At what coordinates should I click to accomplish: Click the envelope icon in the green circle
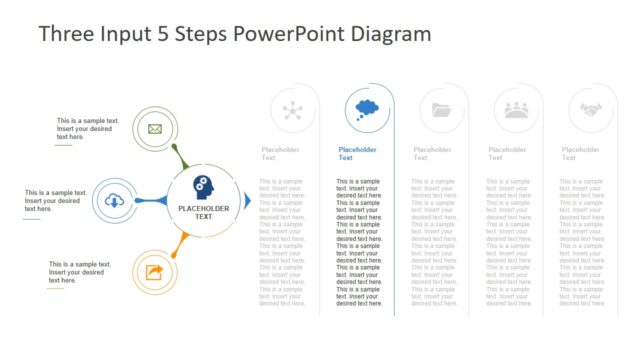click(155, 128)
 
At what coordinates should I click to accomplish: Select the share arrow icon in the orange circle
click(155, 271)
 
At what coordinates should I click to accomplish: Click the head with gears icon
click(203, 186)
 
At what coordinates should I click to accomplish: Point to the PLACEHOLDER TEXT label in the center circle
click(203, 212)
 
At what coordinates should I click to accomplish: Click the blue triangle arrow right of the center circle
click(248, 201)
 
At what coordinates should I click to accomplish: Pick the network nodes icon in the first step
click(293, 110)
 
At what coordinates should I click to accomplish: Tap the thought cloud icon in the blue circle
click(366, 109)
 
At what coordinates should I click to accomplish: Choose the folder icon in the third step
click(440, 110)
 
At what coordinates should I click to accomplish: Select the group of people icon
click(516, 110)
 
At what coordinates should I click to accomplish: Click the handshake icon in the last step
click(589, 110)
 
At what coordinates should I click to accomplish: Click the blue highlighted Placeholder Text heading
click(358, 153)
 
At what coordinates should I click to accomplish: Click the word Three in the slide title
click(66, 34)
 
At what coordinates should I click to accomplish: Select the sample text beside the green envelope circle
click(85, 128)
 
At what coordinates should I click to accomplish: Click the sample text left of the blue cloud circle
click(52, 201)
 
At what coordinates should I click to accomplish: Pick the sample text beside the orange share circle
click(79, 272)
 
